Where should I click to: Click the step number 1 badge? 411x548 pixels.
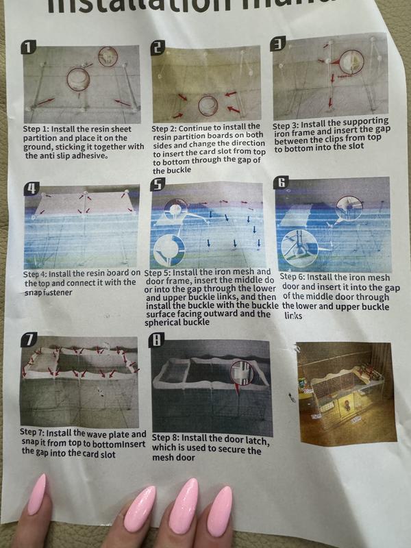[x=29, y=47]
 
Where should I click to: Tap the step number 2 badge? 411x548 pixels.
[x=158, y=47]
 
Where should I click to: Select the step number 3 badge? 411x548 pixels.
[x=278, y=44]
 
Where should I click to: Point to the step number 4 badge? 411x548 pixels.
[x=32, y=189]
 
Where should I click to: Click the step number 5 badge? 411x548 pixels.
[x=158, y=184]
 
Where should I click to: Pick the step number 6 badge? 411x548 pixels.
[x=282, y=182]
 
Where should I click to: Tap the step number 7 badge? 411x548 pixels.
[x=29, y=340]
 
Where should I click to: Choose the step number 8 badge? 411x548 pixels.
[x=157, y=340]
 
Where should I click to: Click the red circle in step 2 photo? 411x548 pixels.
[x=208, y=106]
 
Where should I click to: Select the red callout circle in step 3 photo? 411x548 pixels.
[x=351, y=62]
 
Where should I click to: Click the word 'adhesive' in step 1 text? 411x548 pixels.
[x=88, y=155]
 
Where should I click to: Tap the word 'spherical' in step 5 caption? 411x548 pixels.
[x=161, y=323]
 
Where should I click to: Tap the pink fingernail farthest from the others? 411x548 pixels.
[x=37, y=494]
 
